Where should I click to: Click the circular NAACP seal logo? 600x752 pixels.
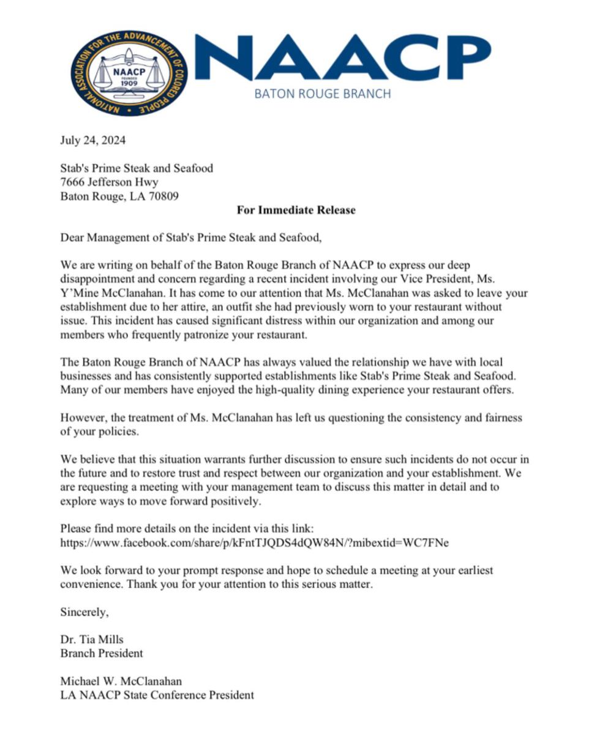[x=129, y=73]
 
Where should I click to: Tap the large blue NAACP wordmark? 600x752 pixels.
[x=343, y=58]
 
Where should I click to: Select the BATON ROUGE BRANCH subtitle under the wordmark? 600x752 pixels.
[x=322, y=94]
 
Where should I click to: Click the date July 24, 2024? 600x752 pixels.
[x=93, y=141]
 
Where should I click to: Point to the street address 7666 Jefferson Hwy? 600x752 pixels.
[x=110, y=182]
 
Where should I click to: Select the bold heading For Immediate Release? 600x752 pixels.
[x=296, y=210]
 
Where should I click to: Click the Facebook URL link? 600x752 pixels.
[x=255, y=543]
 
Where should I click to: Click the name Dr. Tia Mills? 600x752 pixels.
[x=92, y=640]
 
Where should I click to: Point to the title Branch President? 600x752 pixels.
[x=102, y=653]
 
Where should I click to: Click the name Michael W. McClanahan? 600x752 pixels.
[x=121, y=682]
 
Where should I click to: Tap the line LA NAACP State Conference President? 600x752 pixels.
[x=157, y=696]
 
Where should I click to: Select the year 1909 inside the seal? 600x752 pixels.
[x=129, y=83]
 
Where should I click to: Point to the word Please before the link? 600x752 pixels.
[x=77, y=529]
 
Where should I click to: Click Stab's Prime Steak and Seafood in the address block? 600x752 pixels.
[x=137, y=168]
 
